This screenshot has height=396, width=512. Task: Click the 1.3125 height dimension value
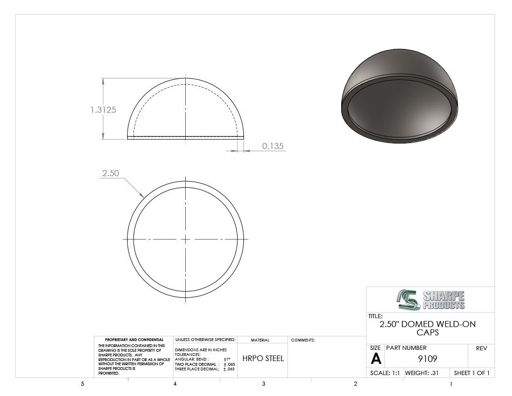(103, 110)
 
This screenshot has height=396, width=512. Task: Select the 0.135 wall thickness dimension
(273, 146)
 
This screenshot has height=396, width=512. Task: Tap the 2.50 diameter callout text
(111, 173)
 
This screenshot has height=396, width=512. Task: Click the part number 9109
(427, 359)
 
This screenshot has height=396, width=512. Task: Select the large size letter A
(376, 359)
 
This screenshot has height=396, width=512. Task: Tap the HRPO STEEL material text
(263, 358)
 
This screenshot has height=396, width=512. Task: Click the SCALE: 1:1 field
(384, 373)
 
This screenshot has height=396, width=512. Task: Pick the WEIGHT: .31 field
(422, 373)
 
